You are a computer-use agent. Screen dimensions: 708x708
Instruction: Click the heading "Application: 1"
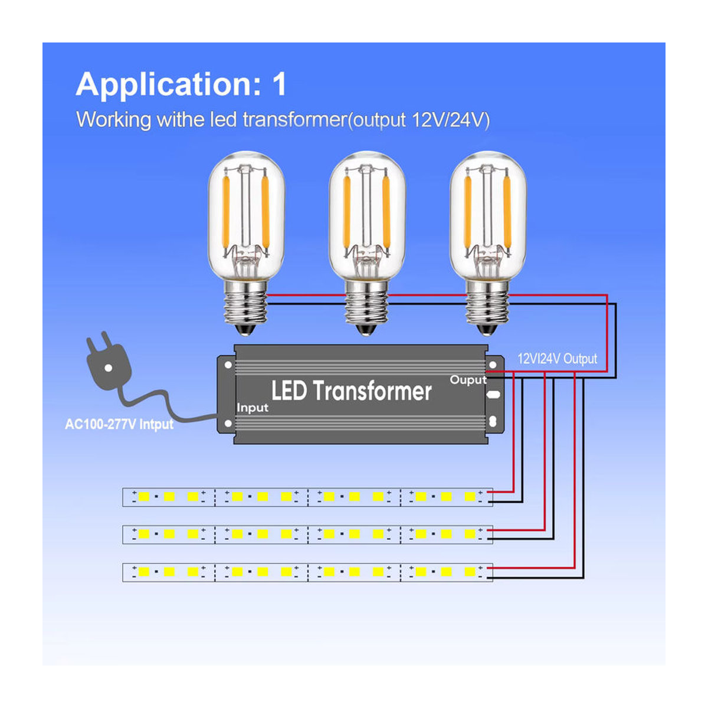(181, 85)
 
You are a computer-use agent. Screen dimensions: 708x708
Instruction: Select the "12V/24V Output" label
(557, 359)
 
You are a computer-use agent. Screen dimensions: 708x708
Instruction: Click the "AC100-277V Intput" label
(119, 424)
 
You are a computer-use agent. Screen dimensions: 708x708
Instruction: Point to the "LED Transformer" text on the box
(351, 391)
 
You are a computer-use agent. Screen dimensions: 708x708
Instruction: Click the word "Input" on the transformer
(253, 408)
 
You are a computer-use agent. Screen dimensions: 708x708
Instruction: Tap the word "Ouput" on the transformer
(468, 380)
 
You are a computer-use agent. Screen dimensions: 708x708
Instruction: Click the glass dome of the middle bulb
(367, 216)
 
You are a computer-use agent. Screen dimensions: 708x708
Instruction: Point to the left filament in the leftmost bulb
(226, 212)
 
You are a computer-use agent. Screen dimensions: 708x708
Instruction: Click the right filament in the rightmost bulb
(507, 212)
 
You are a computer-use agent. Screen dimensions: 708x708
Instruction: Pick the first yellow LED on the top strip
(144, 497)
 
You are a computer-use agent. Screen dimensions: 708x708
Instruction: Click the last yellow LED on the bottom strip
(470, 572)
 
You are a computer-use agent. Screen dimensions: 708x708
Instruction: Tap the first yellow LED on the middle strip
(144, 534)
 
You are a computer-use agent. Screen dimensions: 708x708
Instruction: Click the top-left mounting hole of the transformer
(228, 365)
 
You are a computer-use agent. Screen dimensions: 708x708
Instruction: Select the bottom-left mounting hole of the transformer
(228, 424)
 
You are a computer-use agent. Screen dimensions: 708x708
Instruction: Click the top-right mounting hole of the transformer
(493, 365)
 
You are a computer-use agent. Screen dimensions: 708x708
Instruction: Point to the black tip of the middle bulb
(366, 330)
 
